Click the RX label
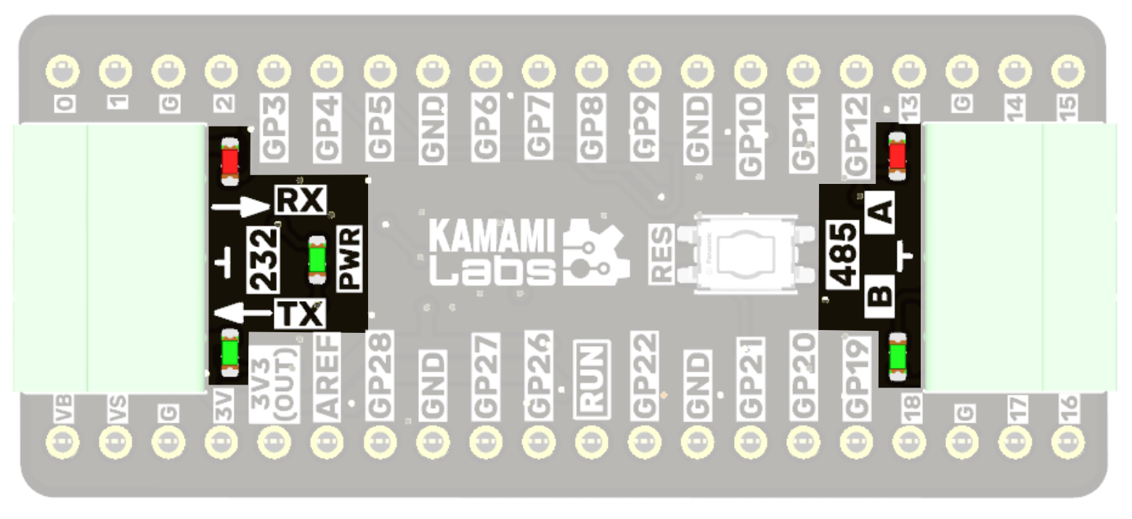click(x=301, y=200)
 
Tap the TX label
click(x=300, y=314)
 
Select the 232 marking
click(x=264, y=259)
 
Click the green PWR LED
click(x=317, y=259)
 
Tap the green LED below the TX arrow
click(x=230, y=353)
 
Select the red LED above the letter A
click(x=897, y=154)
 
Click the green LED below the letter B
click(x=897, y=355)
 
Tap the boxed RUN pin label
click(x=591, y=379)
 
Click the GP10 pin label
click(x=750, y=137)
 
